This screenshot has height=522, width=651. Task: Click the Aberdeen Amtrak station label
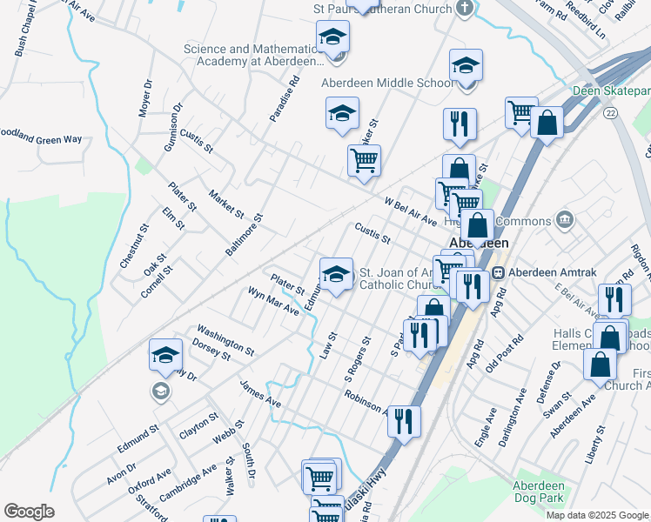click(552, 272)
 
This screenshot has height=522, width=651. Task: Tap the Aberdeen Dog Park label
click(540, 492)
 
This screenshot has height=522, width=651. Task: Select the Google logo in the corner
click(29, 512)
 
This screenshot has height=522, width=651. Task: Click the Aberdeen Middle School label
click(387, 84)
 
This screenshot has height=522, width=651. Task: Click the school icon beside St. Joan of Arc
click(336, 274)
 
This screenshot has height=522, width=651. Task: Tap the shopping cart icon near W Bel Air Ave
click(363, 160)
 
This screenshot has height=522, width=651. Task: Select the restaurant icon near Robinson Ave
click(404, 421)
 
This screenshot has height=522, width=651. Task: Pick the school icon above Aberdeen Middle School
click(466, 65)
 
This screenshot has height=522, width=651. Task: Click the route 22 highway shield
click(612, 113)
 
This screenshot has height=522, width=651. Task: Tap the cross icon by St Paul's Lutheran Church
click(466, 9)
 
